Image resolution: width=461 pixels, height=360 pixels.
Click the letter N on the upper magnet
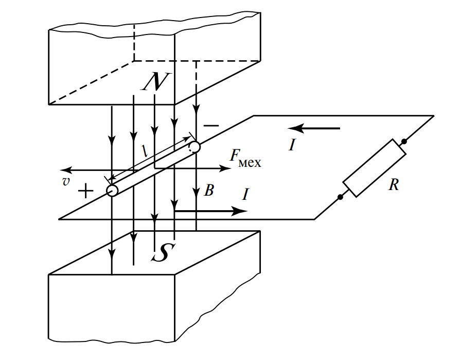[x=153, y=82]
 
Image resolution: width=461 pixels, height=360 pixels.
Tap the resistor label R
[x=394, y=185]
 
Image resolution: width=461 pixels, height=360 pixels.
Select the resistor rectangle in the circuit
[x=372, y=168]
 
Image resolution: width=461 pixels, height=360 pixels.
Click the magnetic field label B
[x=208, y=191]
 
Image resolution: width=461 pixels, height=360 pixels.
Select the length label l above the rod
[x=146, y=150]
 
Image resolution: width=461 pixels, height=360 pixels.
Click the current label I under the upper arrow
[x=292, y=146]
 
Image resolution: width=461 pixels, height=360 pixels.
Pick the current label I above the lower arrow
[x=246, y=195]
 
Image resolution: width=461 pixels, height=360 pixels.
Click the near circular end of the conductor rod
[x=113, y=191]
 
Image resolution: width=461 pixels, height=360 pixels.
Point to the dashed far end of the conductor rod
[x=194, y=147]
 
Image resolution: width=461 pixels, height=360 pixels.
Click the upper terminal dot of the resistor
[x=404, y=141]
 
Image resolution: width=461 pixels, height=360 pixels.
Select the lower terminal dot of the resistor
[x=340, y=196]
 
